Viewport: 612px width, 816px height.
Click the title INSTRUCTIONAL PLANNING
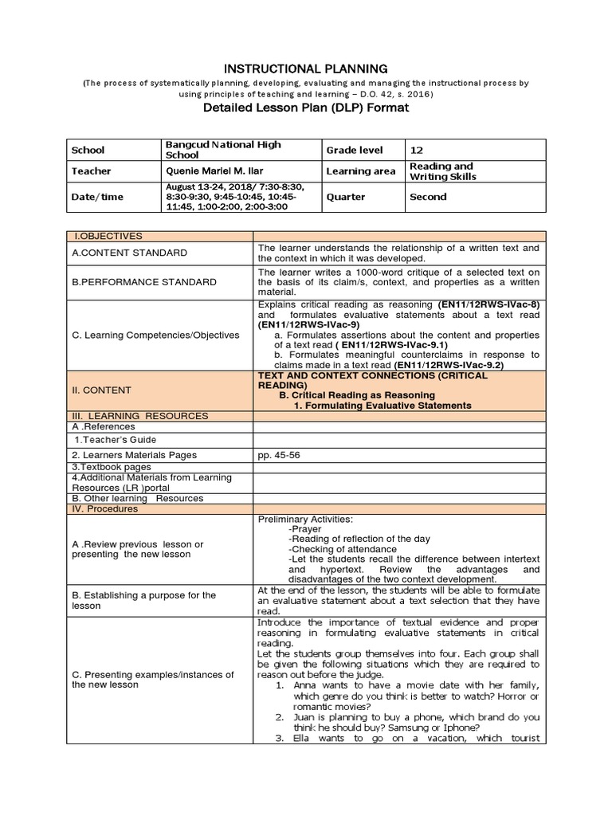click(x=306, y=69)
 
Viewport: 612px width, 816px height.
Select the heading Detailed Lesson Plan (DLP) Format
click(x=306, y=108)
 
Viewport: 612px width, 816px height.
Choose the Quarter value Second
click(x=428, y=197)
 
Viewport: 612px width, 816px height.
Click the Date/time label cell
click(x=97, y=197)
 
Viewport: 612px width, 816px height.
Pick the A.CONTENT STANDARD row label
click(x=130, y=253)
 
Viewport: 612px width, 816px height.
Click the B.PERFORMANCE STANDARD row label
click(x=144, y=282)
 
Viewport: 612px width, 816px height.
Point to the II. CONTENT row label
click(x=102, y=390)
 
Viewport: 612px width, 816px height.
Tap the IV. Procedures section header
click(x=104, y=508)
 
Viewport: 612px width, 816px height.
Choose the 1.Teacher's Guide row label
click(x=115, y=440)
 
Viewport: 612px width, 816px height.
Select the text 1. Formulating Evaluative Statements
click(x=382, y=406)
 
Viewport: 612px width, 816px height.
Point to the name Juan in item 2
click(x=300, y=717)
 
